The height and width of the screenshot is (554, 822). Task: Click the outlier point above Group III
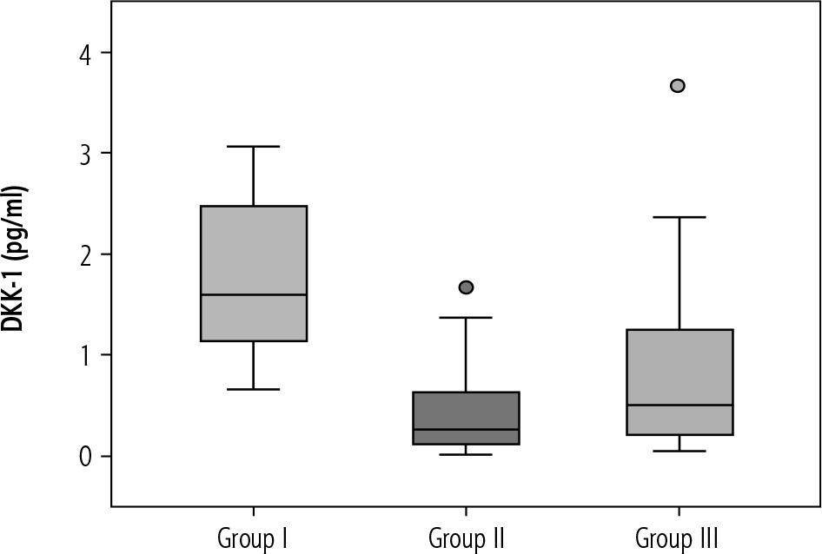(x=678, y=85)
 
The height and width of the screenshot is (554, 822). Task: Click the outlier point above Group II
(x=466, y=287)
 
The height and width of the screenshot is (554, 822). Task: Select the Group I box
(x=253, y=252)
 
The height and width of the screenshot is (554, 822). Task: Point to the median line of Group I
(x=253, y=295)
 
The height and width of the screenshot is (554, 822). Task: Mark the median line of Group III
(x=678, y=406)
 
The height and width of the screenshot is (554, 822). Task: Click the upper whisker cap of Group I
(x=253, y=147)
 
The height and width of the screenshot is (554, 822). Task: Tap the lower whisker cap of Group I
(x=253, y=389)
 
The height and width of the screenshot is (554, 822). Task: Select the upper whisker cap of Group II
(x=466, y=318)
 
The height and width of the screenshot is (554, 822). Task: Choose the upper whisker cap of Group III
(x=678, y=217)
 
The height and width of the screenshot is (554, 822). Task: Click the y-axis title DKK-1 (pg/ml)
(x=16, y=258)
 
